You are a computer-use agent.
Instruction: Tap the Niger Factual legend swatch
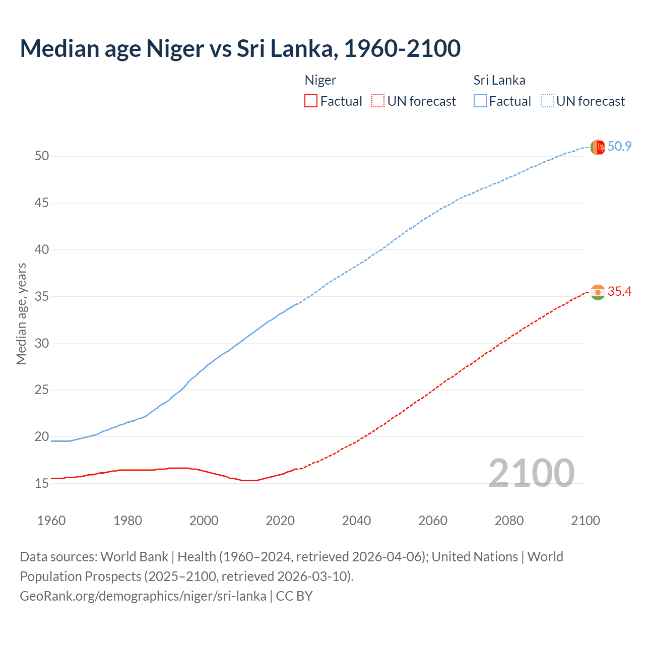pos(311,101)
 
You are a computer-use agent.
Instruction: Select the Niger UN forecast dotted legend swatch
pos(378,101)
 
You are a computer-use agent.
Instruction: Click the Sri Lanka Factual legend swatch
pos(480,101)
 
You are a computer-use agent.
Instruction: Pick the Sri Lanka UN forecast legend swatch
pos(547,101)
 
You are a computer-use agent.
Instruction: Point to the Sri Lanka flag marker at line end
pos(598,147)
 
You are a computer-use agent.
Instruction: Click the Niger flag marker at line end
pos(598,292)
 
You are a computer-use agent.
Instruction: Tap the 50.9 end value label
pos(619,146)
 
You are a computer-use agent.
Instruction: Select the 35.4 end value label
pos(619,292)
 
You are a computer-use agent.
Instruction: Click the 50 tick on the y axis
pos(42,156)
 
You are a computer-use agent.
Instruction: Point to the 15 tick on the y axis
pos(42,483)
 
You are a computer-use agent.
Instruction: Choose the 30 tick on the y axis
pos(42,343)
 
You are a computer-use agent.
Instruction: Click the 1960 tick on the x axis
pos(51,521)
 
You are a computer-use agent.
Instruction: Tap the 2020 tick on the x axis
pos(280,521)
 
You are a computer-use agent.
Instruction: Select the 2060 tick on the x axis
pos(433,521)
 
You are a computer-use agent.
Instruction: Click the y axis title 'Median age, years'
pos(21,313)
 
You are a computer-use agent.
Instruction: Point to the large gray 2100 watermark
pos(531,473)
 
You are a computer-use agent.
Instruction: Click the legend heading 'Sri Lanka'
pos(499,80)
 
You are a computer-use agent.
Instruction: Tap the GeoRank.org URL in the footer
pos(143,596)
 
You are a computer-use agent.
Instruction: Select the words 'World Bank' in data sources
pos(134,557)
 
